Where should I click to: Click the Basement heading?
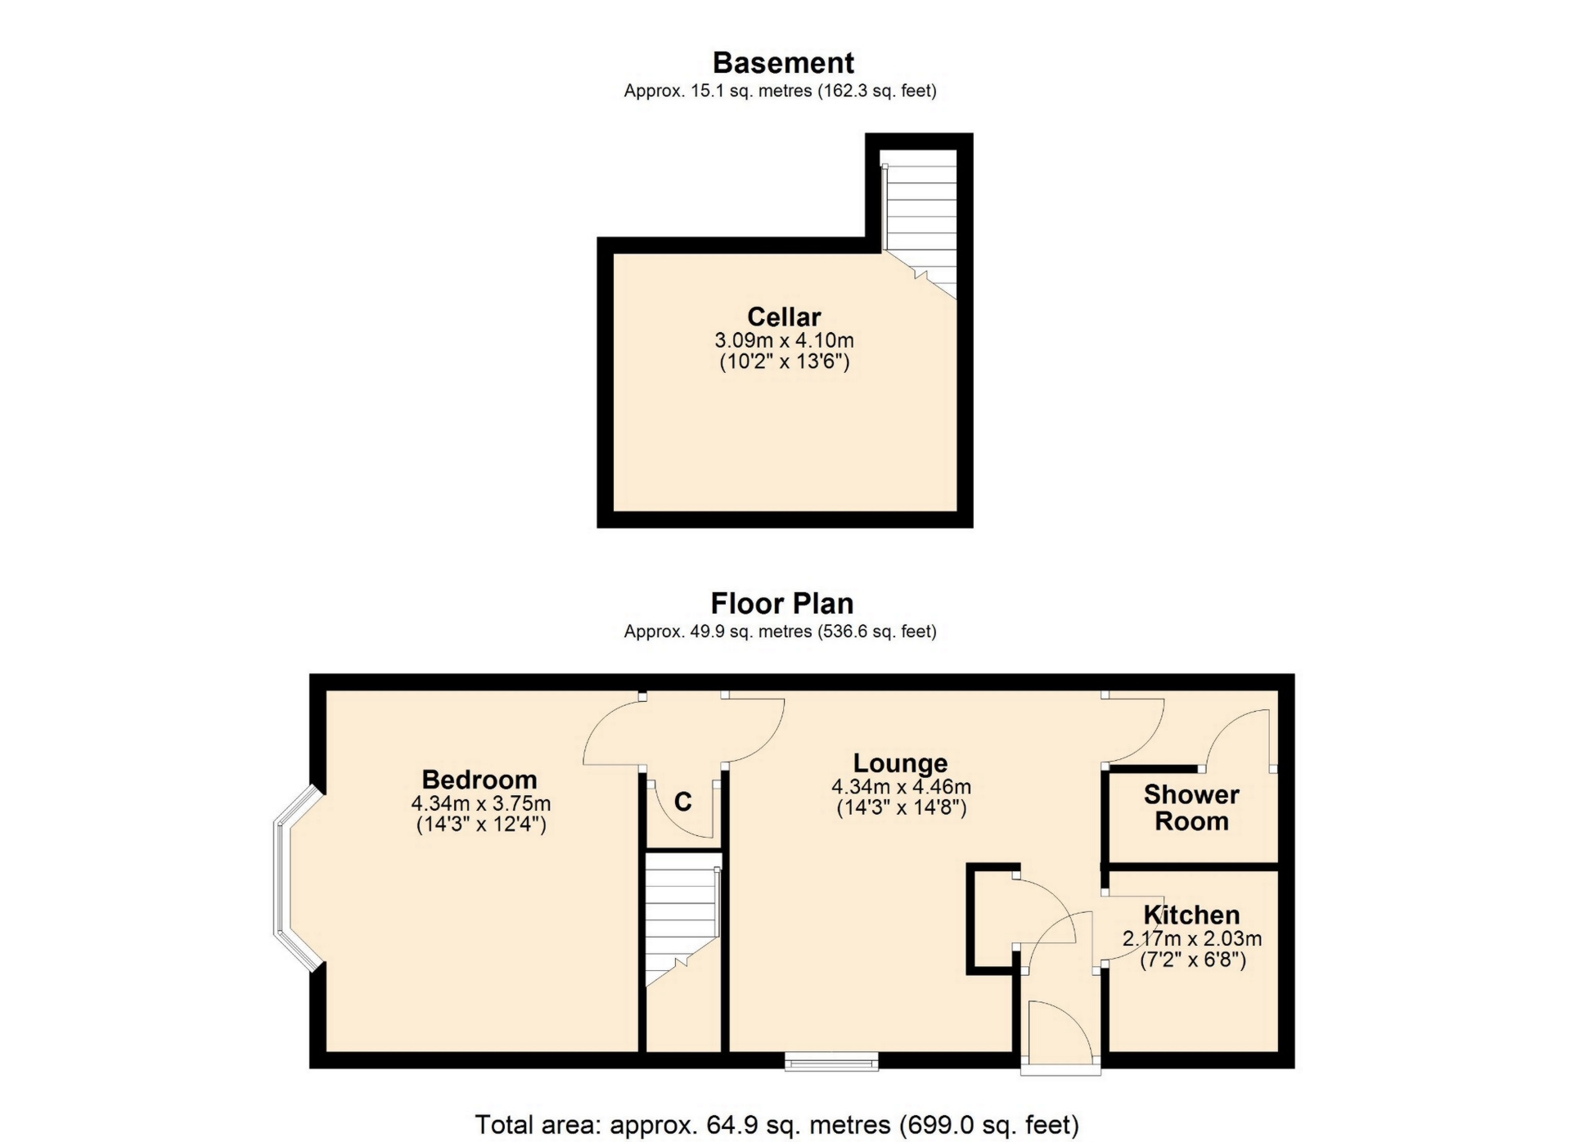coord(783,63)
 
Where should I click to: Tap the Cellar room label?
coord(784,317)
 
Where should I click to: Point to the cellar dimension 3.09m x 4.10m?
coord(784,339)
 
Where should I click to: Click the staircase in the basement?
coord(920,225)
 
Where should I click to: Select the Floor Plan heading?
coord(782,604)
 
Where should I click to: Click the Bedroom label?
coord(479,779)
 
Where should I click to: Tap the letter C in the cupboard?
coord(683,802)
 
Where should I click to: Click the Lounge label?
coord(900,762)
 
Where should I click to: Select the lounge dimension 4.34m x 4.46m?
coord(901,787)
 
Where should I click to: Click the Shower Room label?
coord(1191,807)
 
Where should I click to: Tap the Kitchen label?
coord(1191,915)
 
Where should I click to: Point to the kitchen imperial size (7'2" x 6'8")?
coord(1193,960)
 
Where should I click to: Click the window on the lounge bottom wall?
coord(831,1062)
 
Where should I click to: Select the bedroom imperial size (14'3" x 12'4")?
coord(481,824)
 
